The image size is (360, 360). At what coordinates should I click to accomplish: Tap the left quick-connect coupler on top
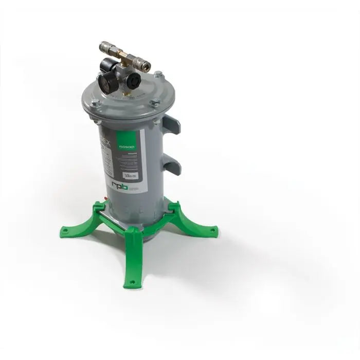pyautogui.click(x=106, y=47)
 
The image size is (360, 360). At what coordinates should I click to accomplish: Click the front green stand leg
pyautogui.click(x=132, y=257)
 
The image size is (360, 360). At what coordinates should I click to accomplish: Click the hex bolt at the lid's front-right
pyautogui.click(x=154, y=103)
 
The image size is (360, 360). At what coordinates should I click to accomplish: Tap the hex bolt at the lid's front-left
pyautogui.click(x=96, y=103)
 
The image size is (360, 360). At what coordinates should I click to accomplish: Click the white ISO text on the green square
pyautogui.click(x=128, y=146)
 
